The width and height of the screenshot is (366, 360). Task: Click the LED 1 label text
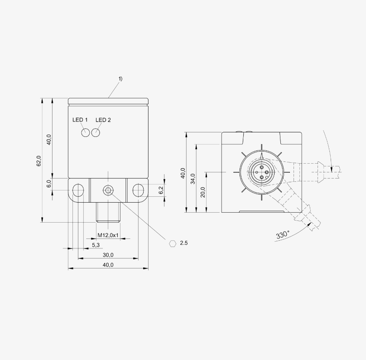(80, 120)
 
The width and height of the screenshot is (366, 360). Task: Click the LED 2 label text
(103, 120)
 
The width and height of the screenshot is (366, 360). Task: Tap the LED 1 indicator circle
(86, 133)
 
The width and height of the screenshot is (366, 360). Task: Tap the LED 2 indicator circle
(96, 133)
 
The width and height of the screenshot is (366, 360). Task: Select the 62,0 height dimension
(39, 161)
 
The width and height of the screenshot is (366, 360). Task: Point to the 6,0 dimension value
(49, 184)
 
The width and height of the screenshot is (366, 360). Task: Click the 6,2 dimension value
(161, 190)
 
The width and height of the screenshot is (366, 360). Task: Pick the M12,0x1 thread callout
(108, 235)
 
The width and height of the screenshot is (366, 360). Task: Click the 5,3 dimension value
(96, 245)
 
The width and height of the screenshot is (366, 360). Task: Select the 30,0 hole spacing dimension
(108, 255)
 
